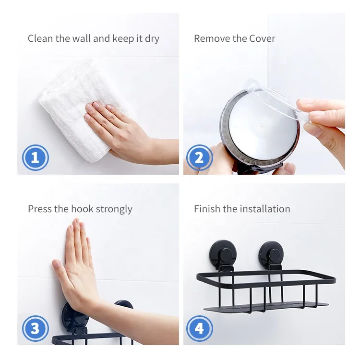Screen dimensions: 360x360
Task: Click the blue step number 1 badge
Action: pyautogui.click(x=36, y=157)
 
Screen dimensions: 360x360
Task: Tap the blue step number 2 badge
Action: pyautogui.click(x=200, y=157)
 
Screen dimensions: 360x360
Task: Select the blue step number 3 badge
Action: pyautogui.click(x=36, y=328)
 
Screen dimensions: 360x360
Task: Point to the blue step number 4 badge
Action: pyautogui.click(x=200, y=328)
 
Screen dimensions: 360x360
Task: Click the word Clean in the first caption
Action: pyautogui.click(x=40, y=38)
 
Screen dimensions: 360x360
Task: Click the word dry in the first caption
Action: pyautogui.click(x=152, y=39)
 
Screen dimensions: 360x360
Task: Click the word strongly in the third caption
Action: pyautogui.click(x=114, y=209)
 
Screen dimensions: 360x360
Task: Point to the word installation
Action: pyautogui.click(x=265, y=209)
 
